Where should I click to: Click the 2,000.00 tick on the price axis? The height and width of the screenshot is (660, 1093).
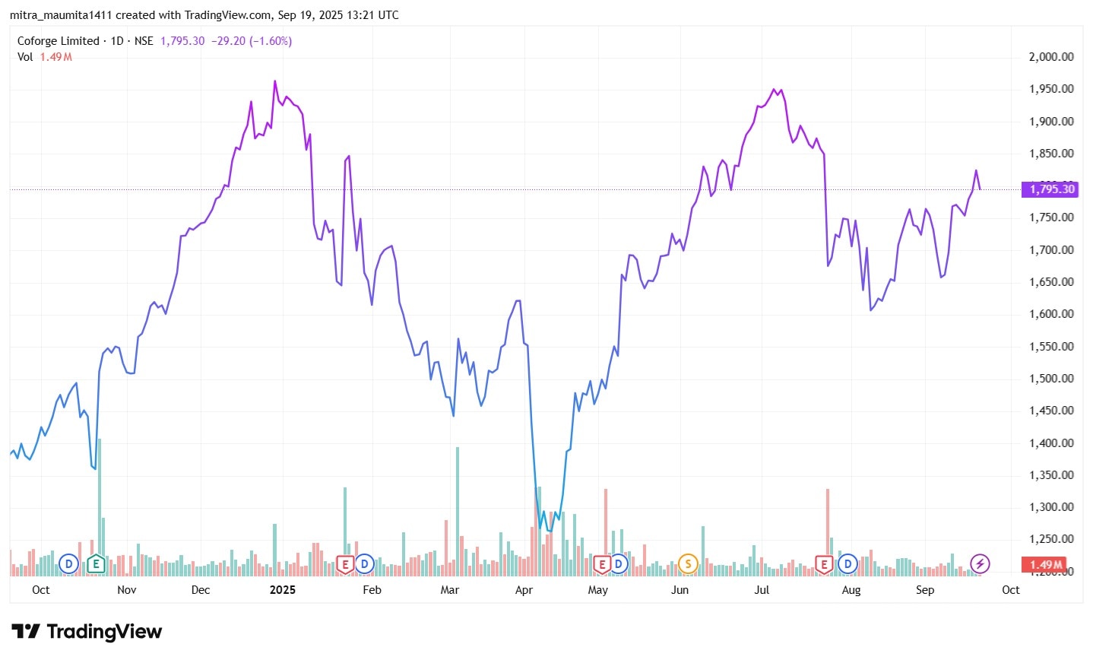click(x=1051, y=57)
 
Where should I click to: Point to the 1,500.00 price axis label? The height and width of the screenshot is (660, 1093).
click(x=1051, y=379)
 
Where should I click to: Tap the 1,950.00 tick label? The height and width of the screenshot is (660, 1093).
click(x=1051, y=89)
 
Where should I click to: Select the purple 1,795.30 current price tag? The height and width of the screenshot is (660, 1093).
click(x=1051, y=189)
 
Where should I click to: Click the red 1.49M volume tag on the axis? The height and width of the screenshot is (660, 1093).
click(x=1046, y=564)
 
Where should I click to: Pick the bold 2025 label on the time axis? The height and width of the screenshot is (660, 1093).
click(x=282, y=590)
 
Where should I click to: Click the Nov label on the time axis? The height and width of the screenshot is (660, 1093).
click(x=127, y=590)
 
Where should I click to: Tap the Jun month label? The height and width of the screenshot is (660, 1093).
click(x=680, y=590)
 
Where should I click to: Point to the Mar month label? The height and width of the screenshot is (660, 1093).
click(x=450, y=590)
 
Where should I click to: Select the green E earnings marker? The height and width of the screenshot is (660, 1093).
click(x=95, y=564)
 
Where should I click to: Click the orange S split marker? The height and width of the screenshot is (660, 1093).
click(x=688, y=564)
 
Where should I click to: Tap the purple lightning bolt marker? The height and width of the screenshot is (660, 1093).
click(x=981, y=564)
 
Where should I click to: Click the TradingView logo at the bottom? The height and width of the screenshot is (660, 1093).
click(x=87, y=632)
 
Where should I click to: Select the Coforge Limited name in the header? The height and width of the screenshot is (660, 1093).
click(x=59, y=41)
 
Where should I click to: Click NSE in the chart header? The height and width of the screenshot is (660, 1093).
click(x=144, y=41)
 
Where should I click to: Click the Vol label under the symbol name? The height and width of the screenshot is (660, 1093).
click(x=25, y=57)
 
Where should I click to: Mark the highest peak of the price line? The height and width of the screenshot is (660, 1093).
click(x=275, y=81)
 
